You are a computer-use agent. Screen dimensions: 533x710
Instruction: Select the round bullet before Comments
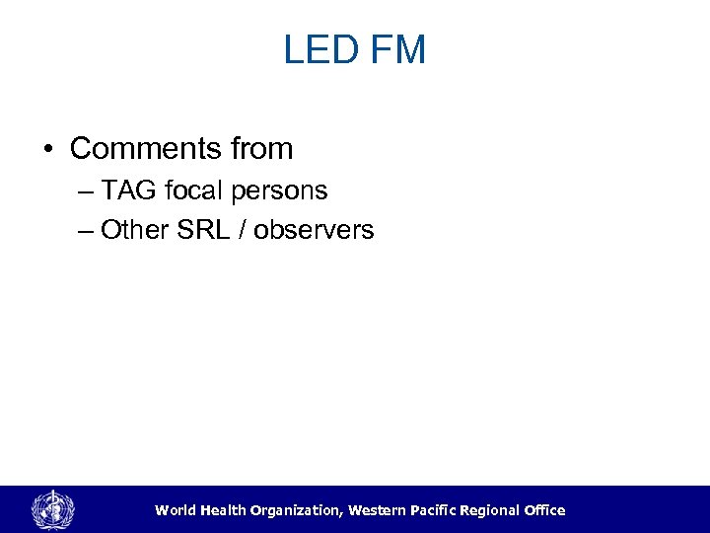pyautogui.click(x=48, y=150)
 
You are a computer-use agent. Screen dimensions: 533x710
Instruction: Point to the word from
pyautogui.click(x=262, y=149)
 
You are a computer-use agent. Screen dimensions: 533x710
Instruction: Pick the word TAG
pyautogui.click(x=126, y=189)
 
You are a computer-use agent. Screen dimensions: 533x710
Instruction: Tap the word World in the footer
pyautogui.click(x=175, y=510)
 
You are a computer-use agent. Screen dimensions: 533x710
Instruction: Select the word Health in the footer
pyautogui.click(x=225, y=510)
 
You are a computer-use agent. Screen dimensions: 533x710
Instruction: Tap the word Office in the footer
pyautogui.click(x=543, y=510)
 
